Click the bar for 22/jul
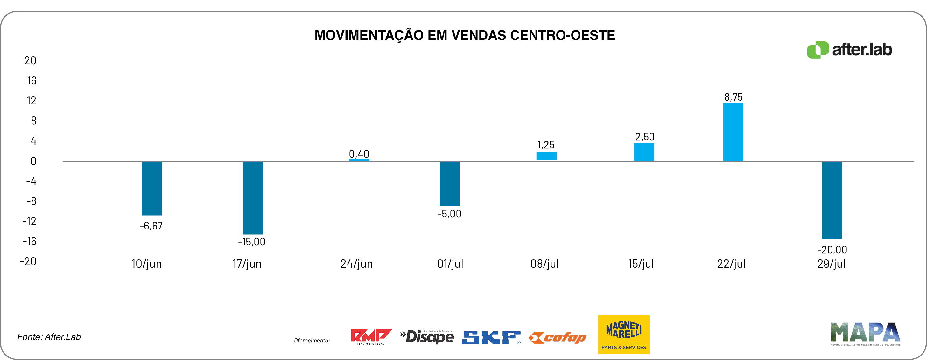tap(733, 132)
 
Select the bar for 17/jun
tap(253, 198)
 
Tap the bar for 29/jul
tap(832, 200)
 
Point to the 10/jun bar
tap(152, 189)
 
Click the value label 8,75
tap(733, 97)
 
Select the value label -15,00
tap(251, 242)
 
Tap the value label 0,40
tap(359, 154)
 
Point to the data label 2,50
tap(644, 137)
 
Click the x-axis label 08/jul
tap(544, 264)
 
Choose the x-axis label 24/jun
tap(356, 264)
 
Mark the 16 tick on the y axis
tap(32, 81)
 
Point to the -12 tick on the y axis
tap(30, 221)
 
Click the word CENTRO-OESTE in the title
tap(562, 35)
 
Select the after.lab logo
tap(849, 50)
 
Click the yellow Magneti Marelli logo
tap(624, 335)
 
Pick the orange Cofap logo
tap(558, 338)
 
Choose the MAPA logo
tap(865, 334)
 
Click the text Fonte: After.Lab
tap(49, 337)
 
